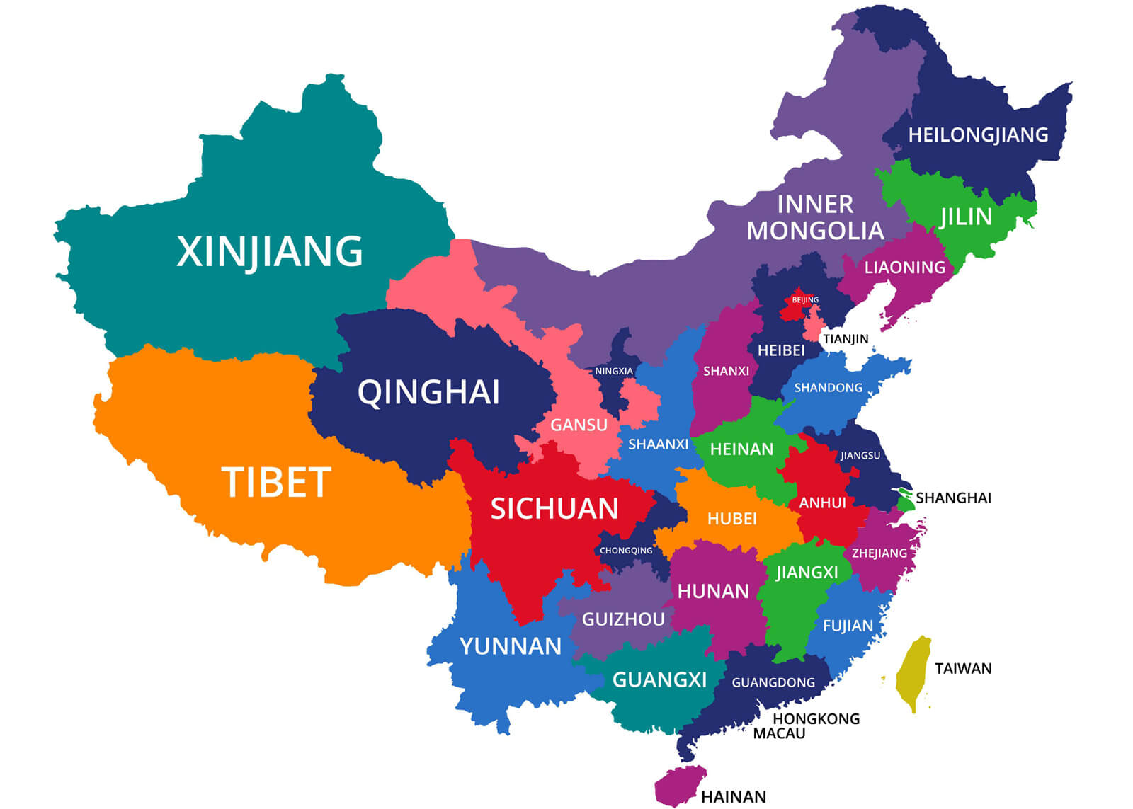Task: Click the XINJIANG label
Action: pos(269,252)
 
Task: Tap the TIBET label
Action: pos(276,483)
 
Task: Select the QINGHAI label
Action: pos(428,392)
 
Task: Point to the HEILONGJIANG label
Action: pos(978,134)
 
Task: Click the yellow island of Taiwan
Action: pos(912,672)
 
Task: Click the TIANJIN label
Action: pos(846,339)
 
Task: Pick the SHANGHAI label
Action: pos(953,498)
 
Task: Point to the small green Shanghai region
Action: pos(906,501)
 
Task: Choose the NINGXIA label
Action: pos(614,371)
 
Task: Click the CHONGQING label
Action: pos(626,551)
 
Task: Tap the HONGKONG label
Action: pos(816,719)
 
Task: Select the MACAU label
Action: pos(779,734)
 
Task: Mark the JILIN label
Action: pos(966,217)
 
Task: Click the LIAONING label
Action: pos(904,268)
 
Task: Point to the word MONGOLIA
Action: pos(815,231)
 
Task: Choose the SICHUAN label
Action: pos(554,509)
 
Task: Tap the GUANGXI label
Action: pos(659,680)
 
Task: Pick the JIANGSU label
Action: pos(860,455)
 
